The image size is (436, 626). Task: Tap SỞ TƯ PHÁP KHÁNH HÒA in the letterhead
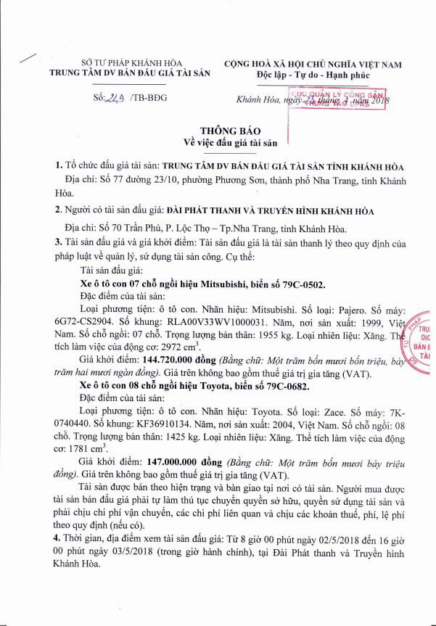[x=121, y=62]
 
